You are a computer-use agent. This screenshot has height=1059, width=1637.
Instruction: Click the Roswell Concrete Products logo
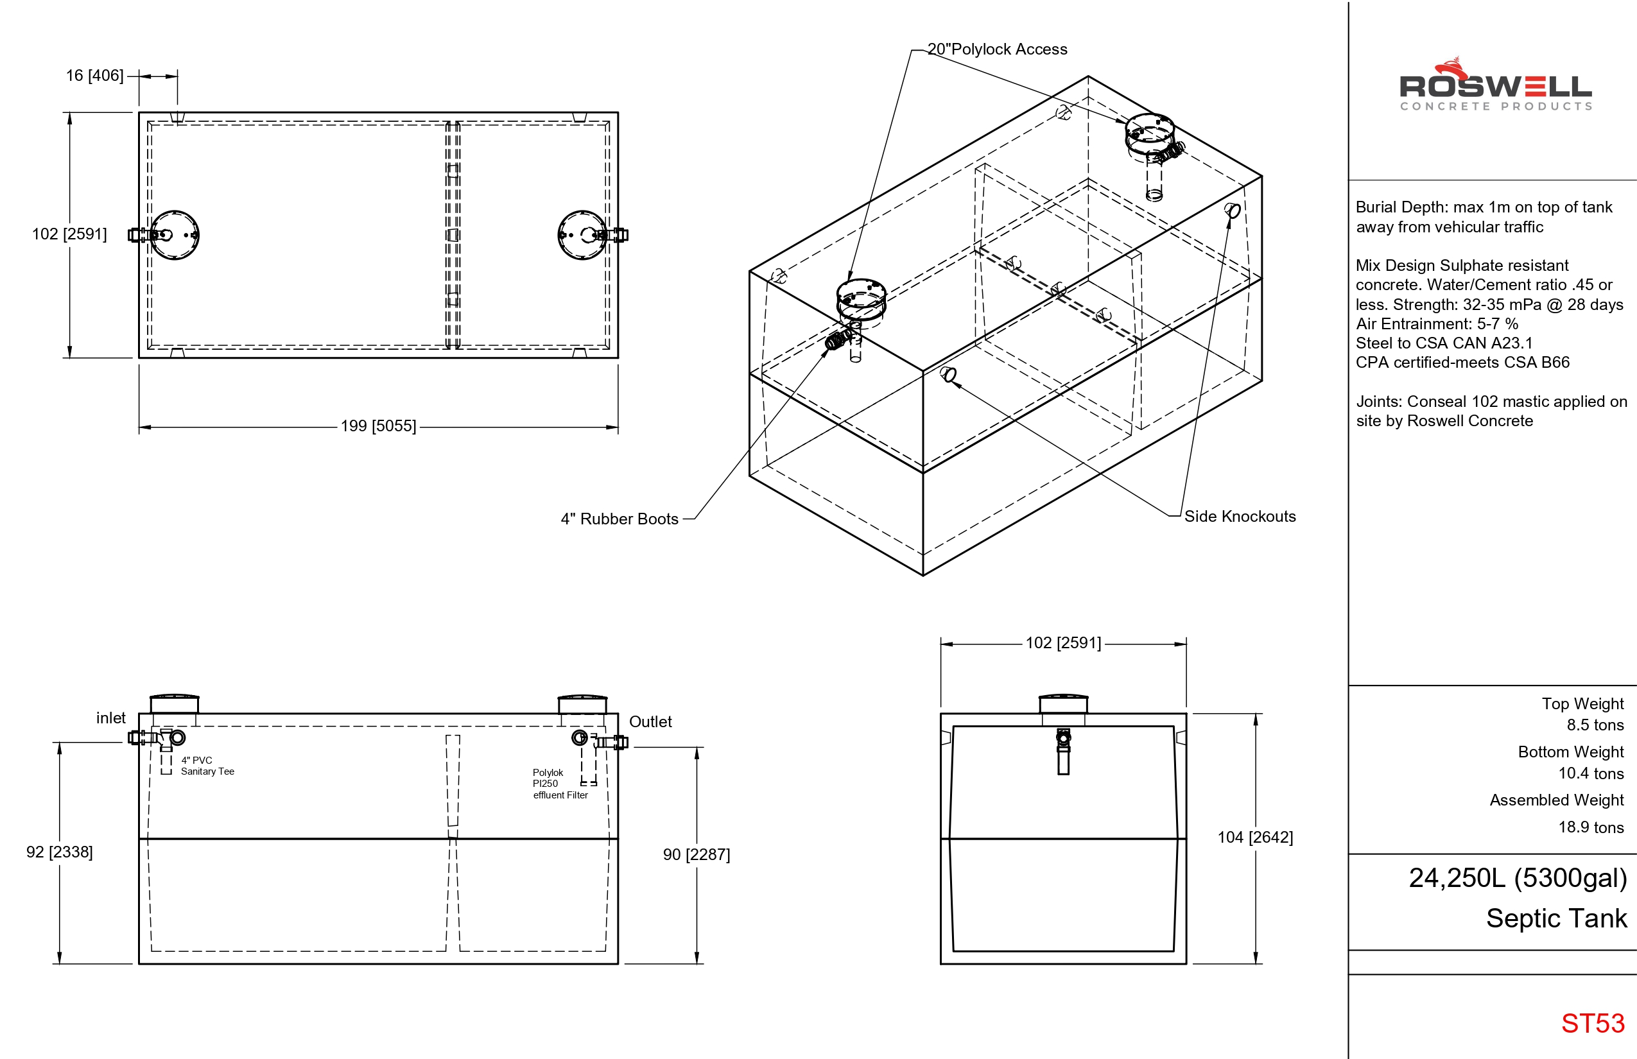pos(1495,86)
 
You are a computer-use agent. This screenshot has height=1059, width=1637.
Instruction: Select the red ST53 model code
pos(1592,1023)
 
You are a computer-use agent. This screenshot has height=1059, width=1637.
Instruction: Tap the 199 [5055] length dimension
pos(378,426)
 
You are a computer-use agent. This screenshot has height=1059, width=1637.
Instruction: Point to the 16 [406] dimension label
pos(94,76)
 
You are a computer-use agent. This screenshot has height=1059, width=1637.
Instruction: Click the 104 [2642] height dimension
pos(1255,838)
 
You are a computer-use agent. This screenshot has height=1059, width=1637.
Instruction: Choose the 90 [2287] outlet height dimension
pos(696,855)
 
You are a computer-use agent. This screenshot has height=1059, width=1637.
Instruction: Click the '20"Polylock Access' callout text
pos(998,49)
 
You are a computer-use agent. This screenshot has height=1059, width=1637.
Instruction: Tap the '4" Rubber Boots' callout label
pos(619,519)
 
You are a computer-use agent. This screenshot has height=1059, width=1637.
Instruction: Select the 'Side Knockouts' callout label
pos(1240,517)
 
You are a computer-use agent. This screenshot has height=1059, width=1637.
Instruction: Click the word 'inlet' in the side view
pos(110,718)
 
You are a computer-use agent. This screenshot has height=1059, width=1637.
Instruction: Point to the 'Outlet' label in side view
pos(650,722)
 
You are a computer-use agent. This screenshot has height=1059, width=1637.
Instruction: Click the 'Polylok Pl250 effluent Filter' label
pos(559,784)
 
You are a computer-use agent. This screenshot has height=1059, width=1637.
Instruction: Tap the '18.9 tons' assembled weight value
pos(1590,827)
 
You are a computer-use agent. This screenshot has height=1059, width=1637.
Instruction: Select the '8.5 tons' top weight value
pos(1595,725)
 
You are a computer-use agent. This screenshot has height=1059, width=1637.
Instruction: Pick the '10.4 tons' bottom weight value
pos(1590,773)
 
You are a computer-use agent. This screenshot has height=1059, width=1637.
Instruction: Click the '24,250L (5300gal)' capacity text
pos(1518,878)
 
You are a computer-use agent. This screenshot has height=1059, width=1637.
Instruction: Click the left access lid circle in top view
pos(175,235)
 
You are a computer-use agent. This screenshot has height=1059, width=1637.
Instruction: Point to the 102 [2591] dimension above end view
pos(1062,644)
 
